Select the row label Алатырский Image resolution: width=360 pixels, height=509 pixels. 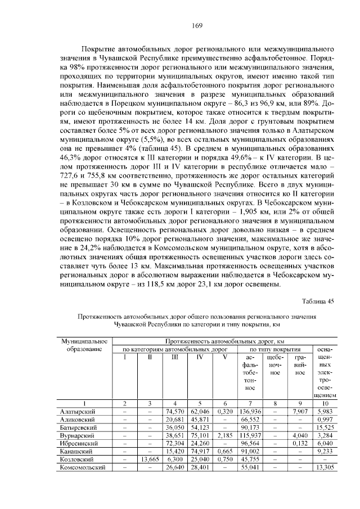78,412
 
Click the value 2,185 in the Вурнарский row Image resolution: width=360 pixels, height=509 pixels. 224,435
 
